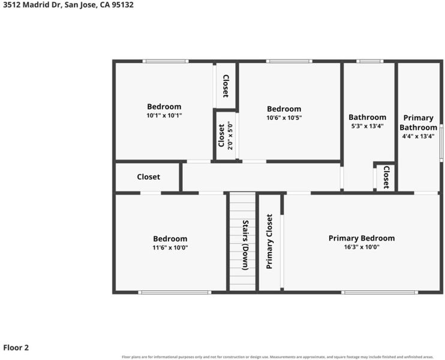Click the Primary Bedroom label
tap(362, 238)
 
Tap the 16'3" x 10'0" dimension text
tap(362, 247)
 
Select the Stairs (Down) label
tap(245, 245)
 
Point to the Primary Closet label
tap(269, 241)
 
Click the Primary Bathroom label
tap(419, 122)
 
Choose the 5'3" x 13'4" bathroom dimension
tap(368, 126)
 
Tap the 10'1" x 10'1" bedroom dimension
tap(164, 116)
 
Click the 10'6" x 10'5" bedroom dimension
tap(284, 118)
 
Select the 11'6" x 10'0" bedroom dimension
tap(170, 248)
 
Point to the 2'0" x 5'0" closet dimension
tap(230, 136)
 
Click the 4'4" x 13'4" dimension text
tap(419, 136)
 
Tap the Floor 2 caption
tap(16, 347)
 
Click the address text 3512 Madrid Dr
tap(31, 5)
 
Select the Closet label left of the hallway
tap(148, 177)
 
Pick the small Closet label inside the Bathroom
tap(386, 178)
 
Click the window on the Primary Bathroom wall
tap(441, 143)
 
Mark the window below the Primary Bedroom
tap(380, 292)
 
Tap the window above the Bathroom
tap(370, 61)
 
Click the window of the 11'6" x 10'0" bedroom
tap(175, 292)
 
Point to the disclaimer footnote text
tap(278, 357)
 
